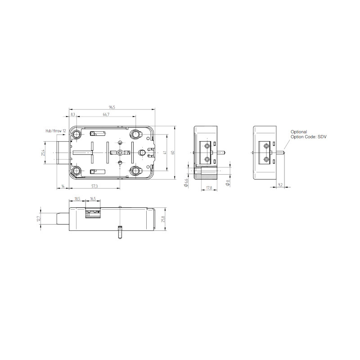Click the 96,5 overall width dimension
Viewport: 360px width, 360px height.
112,107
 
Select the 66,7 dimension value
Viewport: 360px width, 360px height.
106,115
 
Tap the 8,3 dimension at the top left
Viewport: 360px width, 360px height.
73,115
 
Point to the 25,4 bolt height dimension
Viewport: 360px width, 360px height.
43,153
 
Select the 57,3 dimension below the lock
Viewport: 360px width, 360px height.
94,186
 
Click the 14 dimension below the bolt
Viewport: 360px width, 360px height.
63,186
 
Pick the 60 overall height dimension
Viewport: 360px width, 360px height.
172,153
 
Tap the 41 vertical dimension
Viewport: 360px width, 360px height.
165,153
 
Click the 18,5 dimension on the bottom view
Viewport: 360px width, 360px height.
77,198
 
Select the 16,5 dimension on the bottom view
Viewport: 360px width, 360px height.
93,198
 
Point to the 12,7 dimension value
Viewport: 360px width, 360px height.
39,219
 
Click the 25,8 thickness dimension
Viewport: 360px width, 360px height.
163,219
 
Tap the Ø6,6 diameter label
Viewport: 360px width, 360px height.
186,182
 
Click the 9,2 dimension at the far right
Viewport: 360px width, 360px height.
280,184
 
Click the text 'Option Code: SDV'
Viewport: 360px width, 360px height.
308,136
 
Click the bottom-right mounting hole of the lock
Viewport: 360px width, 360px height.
136,171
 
